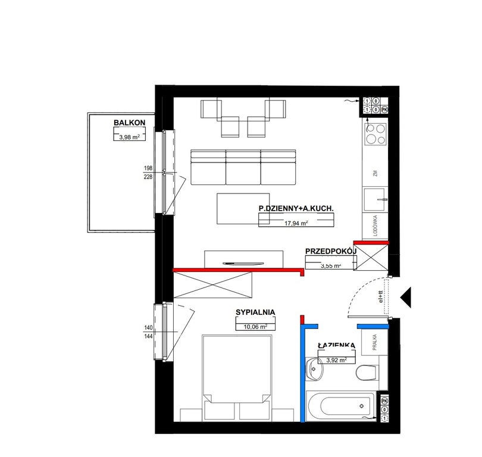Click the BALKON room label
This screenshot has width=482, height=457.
[x=129, y=124]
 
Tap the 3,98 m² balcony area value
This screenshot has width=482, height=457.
[x=129, y=137]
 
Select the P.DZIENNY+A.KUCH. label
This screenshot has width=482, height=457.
[x=296, y=208]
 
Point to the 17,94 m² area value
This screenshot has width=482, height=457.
[x=296, y=224]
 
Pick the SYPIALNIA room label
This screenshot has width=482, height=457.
[x=255, y=311]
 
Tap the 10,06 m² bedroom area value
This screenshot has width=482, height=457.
[x=255, y=326]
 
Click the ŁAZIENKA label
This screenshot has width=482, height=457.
[x=336, y=345]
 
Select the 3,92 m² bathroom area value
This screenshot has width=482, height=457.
[x=337, y=358]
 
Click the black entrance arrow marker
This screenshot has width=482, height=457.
[x=406, y=296]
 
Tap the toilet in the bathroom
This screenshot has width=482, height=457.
[x=366, y=373]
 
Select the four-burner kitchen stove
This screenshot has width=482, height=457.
[x=375, y=134]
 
